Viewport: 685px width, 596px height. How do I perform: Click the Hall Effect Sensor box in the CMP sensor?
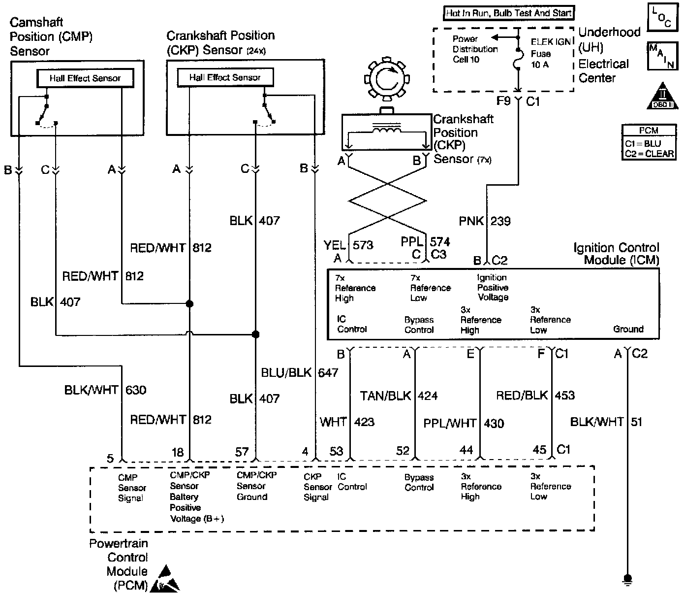coord(85,78)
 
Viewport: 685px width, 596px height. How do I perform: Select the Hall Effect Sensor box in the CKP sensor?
coord(225,77)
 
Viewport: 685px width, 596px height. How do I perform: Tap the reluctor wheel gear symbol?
coord(387,79)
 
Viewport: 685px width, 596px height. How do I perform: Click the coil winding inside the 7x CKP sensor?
coord(387,129)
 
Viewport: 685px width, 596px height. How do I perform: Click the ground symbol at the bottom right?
coord(628,579)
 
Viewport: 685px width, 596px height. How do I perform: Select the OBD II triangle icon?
coord(662,96)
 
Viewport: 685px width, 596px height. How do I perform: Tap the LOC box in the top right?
coord(662,17)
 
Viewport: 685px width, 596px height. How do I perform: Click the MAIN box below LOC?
coord(662,56)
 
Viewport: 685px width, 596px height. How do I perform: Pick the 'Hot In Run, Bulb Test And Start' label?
coord(508,13)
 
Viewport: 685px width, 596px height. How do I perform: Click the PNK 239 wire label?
coord(485,221)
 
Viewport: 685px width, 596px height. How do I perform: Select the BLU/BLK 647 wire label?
coord(300,372)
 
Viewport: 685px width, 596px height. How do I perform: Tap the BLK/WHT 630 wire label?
coord(105,390)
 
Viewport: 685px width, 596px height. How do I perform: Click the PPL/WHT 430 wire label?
coord(464,424)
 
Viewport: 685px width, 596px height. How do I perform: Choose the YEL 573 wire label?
coord(348,245)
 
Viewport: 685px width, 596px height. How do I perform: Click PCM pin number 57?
coord(242,452)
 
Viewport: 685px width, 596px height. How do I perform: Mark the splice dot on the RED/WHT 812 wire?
coord(189,304)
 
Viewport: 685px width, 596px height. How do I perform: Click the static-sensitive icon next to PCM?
coord(165,579)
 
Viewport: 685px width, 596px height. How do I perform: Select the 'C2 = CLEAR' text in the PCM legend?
coord(649,154)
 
